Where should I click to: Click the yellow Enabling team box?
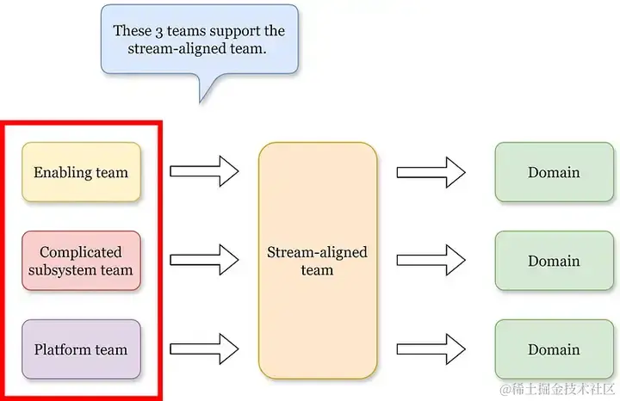pos(81,172)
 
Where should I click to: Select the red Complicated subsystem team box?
pos(81,261)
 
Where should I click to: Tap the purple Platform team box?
pos(81,349)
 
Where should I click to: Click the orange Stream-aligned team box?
pos(317,261)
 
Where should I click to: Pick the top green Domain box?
pos(553,172)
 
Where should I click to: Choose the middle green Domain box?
pos(553,261)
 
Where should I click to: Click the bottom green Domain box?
pos(553,349)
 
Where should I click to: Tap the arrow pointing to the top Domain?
pos(431,171)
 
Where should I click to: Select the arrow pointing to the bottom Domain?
pos(431,349)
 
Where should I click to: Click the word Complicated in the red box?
pos(81,252)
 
